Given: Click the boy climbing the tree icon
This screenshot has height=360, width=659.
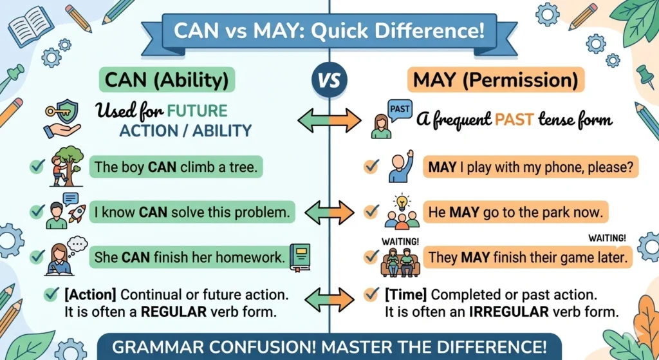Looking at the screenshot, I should (66, 166).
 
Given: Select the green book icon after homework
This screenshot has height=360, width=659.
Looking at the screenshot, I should (300, 257).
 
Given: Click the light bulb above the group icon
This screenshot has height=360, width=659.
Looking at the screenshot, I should (402, 200).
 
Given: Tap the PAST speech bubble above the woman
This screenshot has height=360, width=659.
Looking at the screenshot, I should (400, 109).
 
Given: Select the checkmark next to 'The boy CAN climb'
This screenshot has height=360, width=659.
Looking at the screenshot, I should (37, 167).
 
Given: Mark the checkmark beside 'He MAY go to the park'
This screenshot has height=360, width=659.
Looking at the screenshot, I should (371, 211).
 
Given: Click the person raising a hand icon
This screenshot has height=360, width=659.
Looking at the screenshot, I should (401, 167).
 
